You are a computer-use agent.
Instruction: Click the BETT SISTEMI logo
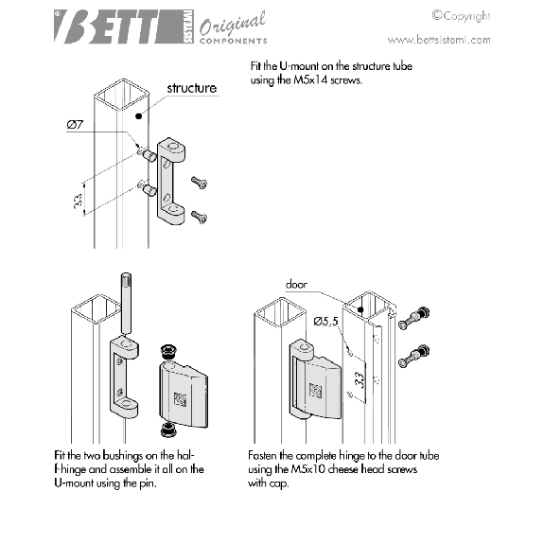124,26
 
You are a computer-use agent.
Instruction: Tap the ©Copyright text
461,16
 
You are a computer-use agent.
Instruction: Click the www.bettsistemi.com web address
439,40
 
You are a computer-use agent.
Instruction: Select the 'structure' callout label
192,88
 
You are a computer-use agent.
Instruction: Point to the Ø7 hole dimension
75,125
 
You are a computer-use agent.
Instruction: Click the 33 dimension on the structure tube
79,201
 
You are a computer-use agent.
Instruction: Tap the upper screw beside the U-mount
199,183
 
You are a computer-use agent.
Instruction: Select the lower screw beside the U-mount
199,217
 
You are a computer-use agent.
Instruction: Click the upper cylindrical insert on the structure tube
149,154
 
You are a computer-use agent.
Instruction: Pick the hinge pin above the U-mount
126,304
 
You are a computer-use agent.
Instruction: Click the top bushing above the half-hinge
168,352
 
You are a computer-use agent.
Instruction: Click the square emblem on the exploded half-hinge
180,399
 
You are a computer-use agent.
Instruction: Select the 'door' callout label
296,285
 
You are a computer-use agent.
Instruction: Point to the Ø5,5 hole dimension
325,322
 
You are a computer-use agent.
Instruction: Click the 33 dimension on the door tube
360,380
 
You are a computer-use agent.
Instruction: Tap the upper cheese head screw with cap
413,318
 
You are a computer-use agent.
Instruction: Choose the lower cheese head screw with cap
413,357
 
